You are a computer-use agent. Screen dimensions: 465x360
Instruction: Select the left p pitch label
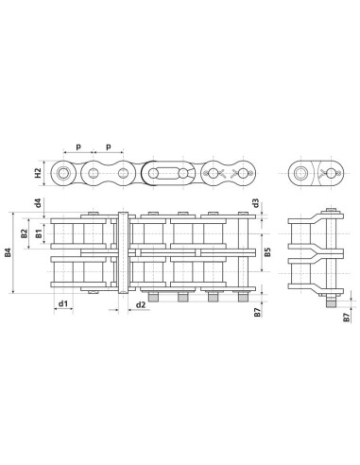(78, 148)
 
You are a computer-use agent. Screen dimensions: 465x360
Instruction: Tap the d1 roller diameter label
(62, 303)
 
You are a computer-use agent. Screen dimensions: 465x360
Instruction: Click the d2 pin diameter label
(140, 303)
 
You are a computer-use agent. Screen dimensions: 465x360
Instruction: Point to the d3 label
(256, 202)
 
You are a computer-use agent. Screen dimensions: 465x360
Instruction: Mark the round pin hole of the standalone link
(300, 173)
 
